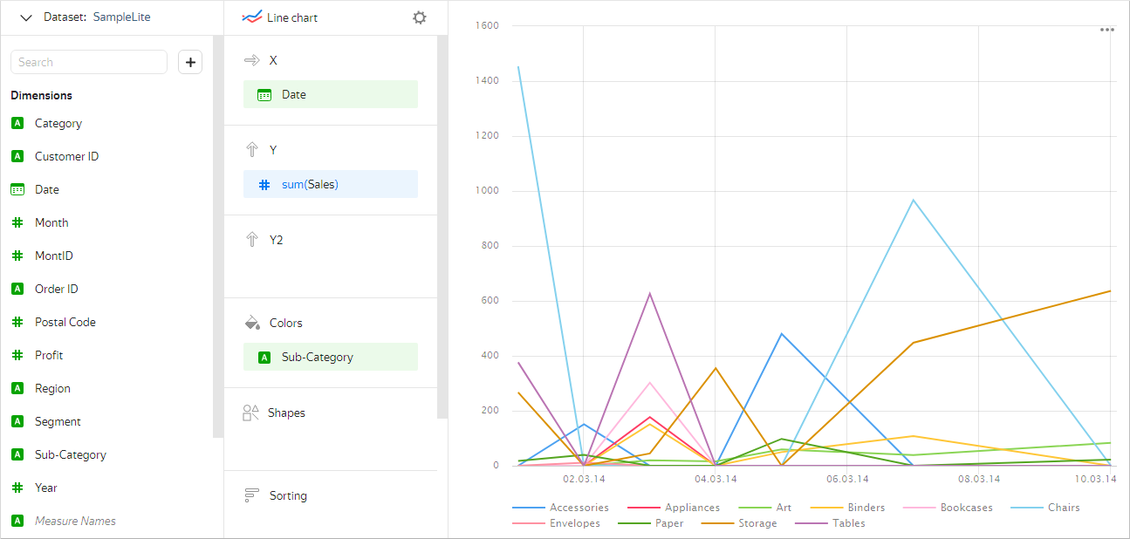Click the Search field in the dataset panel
88,62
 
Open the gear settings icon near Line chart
420,17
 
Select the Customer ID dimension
66,156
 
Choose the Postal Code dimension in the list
65,322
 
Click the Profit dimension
49,355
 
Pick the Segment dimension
58,421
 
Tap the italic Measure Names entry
75,521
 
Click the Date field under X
330,94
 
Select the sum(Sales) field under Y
330,184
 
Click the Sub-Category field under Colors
330,357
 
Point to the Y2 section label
276,240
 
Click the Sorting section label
288,495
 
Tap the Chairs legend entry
1063,508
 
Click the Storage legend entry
757,523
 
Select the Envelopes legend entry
574,523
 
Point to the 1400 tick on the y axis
485,81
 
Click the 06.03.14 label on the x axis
846,479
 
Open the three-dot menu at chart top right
1106,30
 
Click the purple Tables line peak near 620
649,294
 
